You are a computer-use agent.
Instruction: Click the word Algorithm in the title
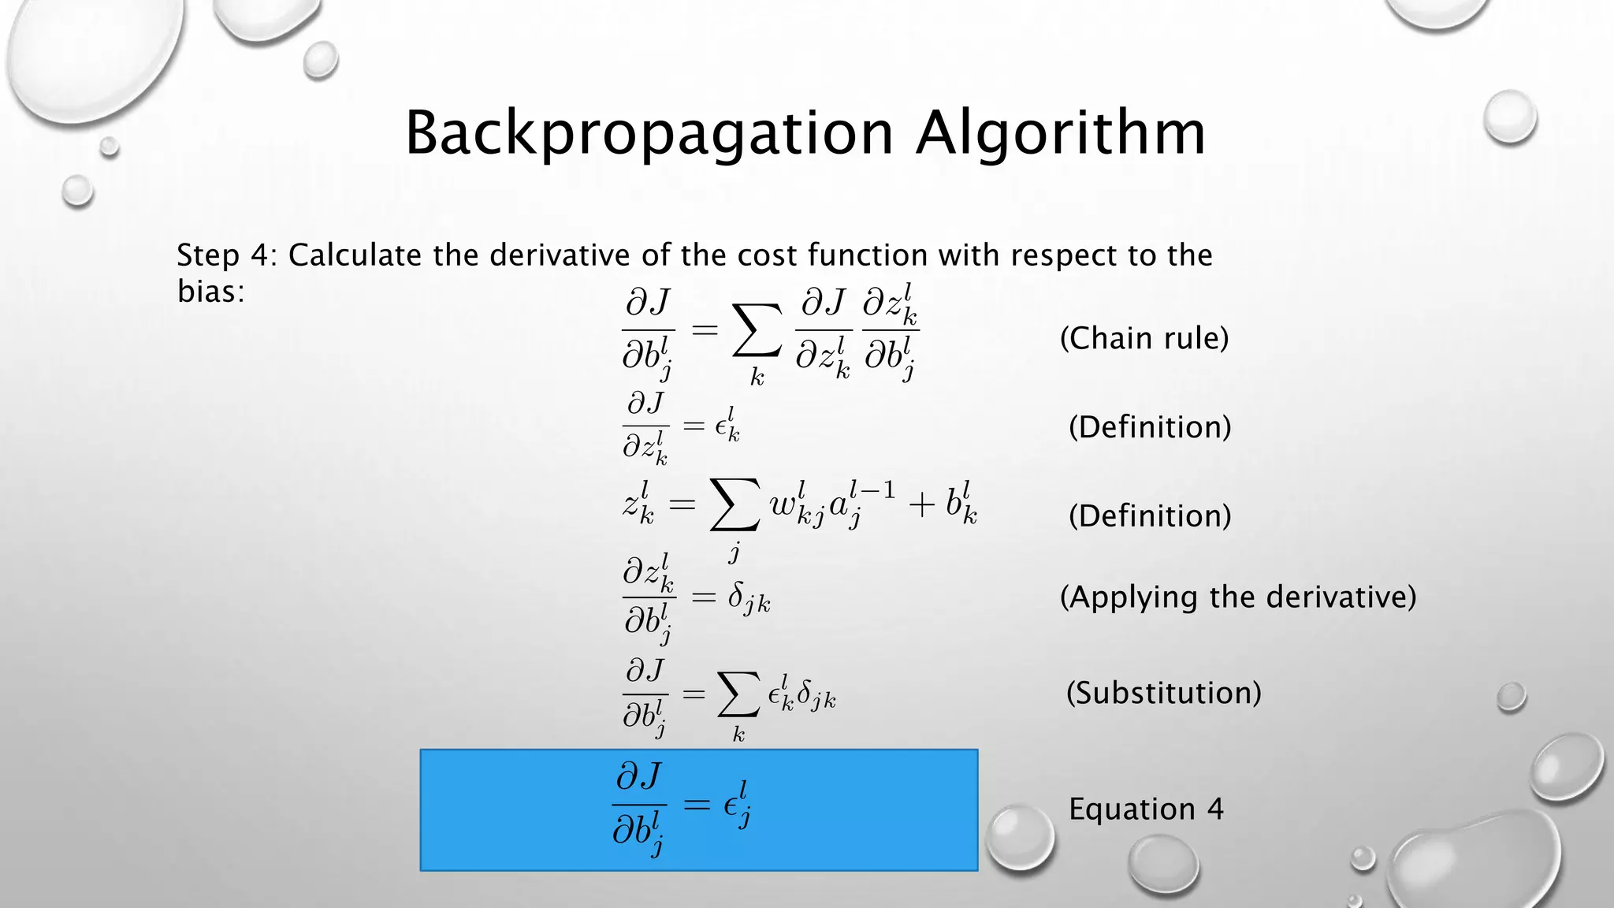1061,133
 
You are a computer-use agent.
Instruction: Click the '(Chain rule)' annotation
1144,338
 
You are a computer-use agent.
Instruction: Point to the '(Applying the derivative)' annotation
1238,597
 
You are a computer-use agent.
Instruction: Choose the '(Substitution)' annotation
1164,693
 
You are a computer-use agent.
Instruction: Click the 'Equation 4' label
1146,809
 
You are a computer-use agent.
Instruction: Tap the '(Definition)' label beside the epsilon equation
1150,427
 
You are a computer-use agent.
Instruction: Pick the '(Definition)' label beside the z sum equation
1150,516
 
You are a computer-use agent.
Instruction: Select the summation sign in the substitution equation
738,694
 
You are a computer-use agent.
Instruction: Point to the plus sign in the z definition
920,504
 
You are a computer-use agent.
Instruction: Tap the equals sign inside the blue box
696,805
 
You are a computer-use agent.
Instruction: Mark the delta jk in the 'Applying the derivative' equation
748,599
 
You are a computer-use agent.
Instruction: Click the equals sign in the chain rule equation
705,330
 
